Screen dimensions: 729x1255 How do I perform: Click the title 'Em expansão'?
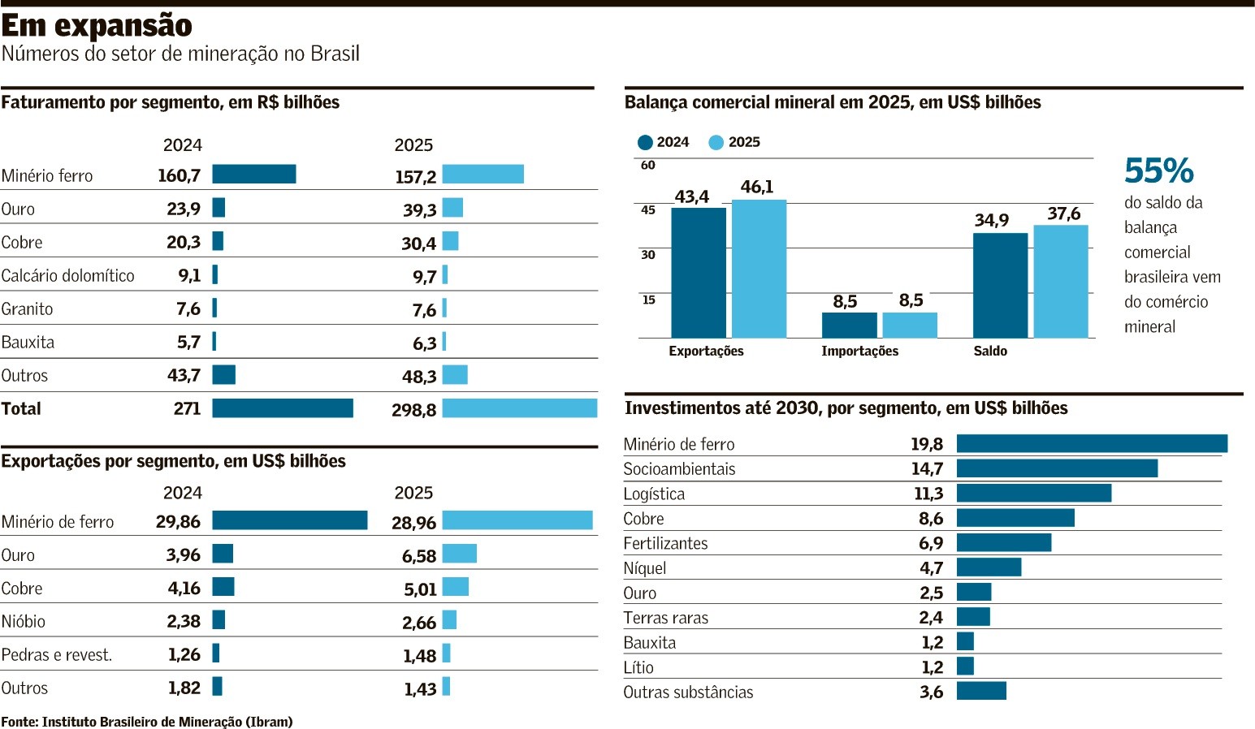pos(97,26)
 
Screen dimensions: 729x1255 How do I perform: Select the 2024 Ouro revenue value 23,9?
pos(184,209)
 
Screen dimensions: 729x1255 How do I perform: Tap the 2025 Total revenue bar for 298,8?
pos(519,408)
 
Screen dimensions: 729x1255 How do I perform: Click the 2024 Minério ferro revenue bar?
pos(254,175)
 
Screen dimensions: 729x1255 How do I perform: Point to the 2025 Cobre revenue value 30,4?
pos(419,244)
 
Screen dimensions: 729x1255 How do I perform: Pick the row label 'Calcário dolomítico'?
pos(68,276)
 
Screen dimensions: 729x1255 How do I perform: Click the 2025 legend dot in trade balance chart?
pos(716,143)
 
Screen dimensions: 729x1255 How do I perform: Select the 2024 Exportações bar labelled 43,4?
pos(699,273)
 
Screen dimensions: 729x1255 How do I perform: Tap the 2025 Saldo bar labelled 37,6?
pos(1061,281)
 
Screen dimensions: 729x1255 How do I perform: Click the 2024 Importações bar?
pos(849,325)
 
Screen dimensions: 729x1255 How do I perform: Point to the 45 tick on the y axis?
pos(648,210)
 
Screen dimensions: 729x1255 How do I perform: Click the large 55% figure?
pos(1159,171)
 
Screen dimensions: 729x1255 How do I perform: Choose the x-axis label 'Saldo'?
pos(990,352)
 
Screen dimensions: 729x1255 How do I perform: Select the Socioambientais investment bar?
pos(1057,468)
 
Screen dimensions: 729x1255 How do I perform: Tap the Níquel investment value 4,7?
pos(931,568)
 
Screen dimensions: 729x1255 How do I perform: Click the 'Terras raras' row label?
pos(666,619)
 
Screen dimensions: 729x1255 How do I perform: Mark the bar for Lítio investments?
pos(965,666)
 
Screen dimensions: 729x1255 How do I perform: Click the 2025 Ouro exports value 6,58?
pos(419,557)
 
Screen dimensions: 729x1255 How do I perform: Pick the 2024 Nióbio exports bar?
pos(219,621)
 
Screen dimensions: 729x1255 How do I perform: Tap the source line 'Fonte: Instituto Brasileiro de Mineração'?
pos(147,722)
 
